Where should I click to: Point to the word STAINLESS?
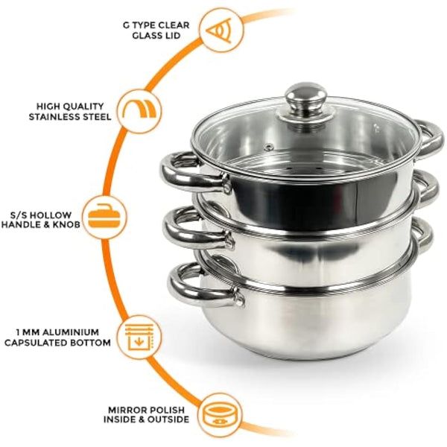[x=58, y=117]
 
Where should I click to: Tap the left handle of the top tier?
[x=179, y=171]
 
